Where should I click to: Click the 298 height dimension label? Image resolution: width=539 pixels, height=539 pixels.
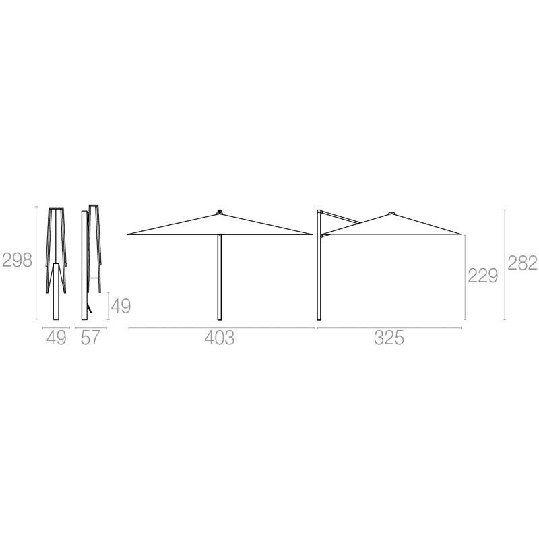pyautogui.click(x=18, y=260)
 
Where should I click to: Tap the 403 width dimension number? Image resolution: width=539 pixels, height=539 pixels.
pyautogui.click(x=220, y=338)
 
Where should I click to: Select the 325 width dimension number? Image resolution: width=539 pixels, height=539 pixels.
pyautogui.click(x=389, y=338)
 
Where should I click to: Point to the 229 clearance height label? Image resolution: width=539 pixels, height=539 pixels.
pyautogui.click(x=483, y=276)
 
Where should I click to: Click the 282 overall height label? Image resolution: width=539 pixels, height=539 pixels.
pyautogui.click(x=523, y=263)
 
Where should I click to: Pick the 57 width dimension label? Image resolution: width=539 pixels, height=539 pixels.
pyautogui.click(x=90, y=338)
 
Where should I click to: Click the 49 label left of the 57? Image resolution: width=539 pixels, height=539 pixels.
pyautogui.click(x=57, y=338)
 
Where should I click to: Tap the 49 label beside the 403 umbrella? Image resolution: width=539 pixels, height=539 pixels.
pyautogui.click(x=121, y=306)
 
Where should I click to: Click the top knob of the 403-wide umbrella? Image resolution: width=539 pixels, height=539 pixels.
pyautogui.click(x=220, y=211)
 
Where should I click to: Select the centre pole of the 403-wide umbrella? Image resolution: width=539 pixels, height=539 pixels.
pyautogui.click(x=220, y=277)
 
